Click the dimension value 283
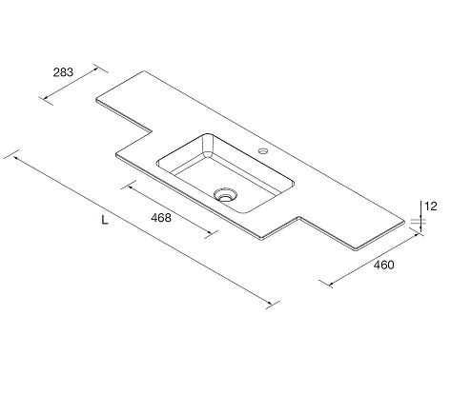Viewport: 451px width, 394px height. (x=63, y=72)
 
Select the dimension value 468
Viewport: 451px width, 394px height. (x=161, y=218)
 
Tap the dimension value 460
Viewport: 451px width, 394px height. (x=383, y=265)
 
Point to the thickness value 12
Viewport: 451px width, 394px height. (x=431, y=207)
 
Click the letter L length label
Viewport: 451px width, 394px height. (x=105, y=220)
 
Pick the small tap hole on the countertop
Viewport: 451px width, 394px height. (x=263, y=150)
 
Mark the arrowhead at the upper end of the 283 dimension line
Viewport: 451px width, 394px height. (x=96, y=69)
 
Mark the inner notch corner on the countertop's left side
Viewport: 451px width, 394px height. (x=151, y=130)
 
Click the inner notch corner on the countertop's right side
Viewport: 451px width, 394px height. (x=298, y=218)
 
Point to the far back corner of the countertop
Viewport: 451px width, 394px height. (x=144, y=71)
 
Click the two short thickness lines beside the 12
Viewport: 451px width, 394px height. (x=417, y=222)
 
